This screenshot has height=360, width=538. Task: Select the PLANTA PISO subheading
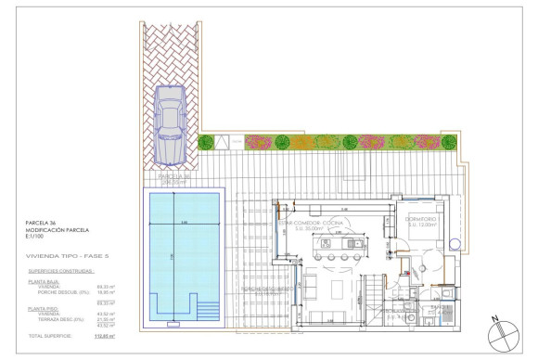(44, 307)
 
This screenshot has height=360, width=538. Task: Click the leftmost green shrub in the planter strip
(207, 142)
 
